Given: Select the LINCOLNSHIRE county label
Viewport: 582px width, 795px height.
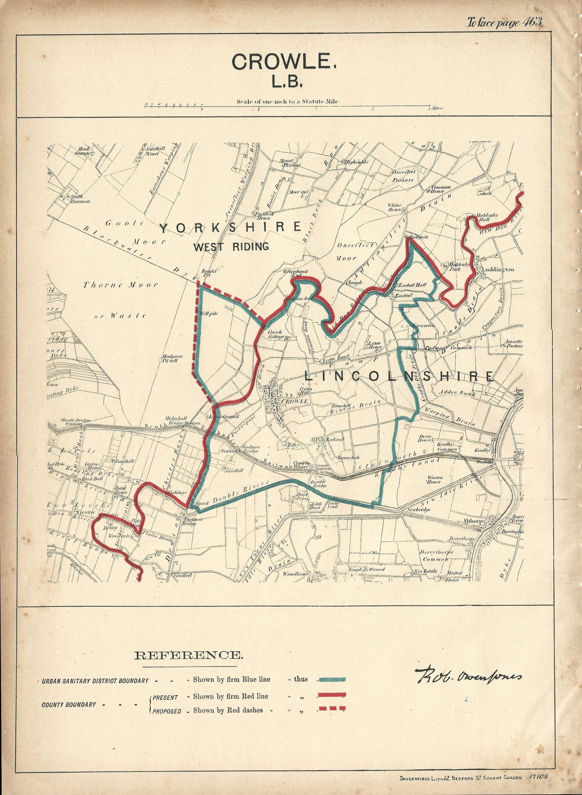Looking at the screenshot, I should click(x=399, y=377).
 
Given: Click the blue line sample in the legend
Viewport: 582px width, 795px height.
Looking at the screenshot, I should click(x=331, y=679).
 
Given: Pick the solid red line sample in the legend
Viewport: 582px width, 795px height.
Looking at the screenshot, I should click(x=331, y=694).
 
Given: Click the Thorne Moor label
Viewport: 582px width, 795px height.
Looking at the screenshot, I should click(x=120, y=285).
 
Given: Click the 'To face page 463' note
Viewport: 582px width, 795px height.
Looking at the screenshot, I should click(x=504, y=23).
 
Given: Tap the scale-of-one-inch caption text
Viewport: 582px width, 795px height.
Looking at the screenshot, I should click(x=288, y=101).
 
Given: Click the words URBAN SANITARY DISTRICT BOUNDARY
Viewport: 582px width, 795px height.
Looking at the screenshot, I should click(x=95, y=681).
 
